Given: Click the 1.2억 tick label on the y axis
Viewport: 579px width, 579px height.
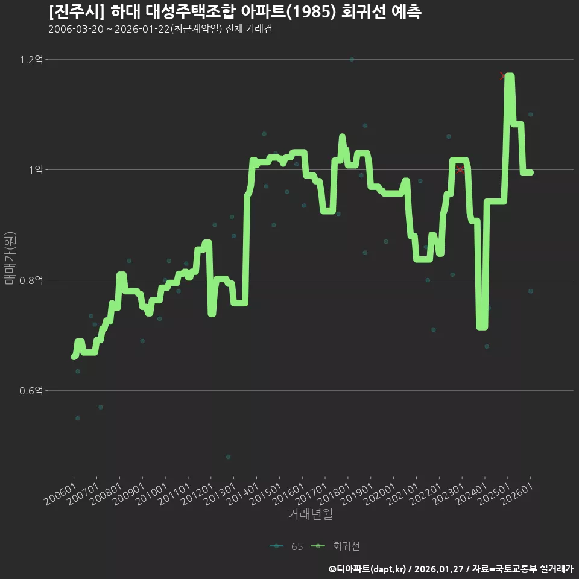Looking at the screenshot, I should [x=31, y=60].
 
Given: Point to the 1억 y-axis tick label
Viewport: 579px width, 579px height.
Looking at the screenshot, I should [x=36, y=170].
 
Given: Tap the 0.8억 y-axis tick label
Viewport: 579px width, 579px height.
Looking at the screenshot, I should [x=31, y=280].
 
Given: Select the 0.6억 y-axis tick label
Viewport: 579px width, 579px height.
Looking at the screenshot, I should [x=31, y=391].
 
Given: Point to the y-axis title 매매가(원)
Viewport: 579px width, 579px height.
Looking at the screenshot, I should [x=10, y=258].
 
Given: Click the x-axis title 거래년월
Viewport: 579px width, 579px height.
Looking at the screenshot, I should [x=310, y=514].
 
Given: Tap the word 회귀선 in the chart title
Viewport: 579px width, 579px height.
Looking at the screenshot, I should [x=361, y=12].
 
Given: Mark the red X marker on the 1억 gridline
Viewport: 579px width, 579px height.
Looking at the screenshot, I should [x=460, y=169].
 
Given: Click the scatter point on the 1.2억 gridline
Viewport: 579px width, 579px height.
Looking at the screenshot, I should [x=352, y=60].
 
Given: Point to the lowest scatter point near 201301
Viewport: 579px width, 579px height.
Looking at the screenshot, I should [x=228, y=457].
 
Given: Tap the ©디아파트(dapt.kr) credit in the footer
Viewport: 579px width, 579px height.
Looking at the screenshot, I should [x=368, y=569].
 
